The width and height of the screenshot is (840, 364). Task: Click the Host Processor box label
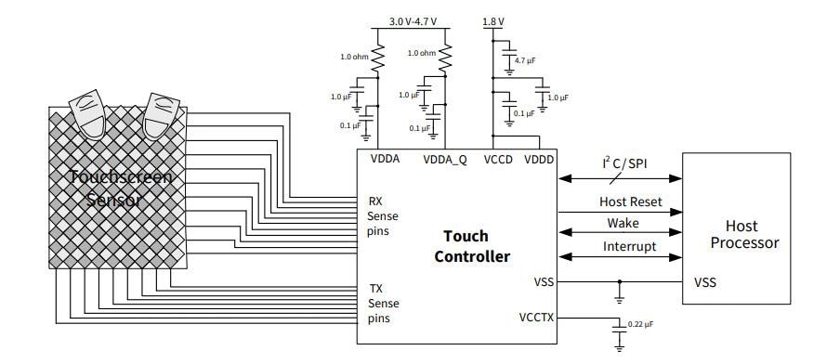coord(743,234)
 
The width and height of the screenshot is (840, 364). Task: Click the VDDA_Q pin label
coord(445,159)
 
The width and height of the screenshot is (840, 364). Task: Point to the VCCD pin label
coord(498,159)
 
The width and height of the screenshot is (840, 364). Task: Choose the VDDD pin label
coord(538,159)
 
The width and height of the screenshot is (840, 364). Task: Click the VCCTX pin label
coord(537,318)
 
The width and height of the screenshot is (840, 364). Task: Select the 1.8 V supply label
coord(493,20)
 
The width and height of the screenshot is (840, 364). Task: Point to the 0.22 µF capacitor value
coord(640,323)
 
